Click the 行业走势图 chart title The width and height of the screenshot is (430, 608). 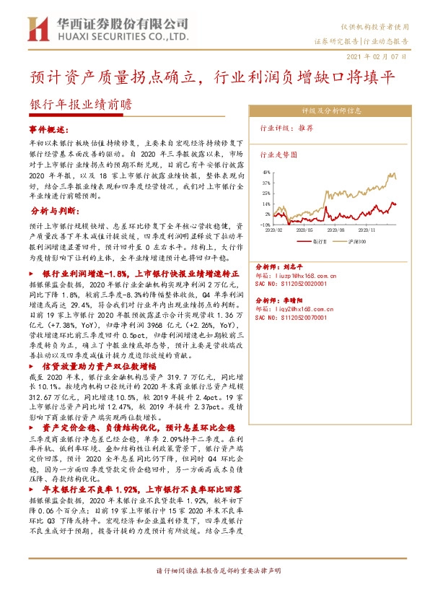click(x=278, y=154)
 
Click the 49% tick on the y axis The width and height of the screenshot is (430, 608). click(x=266, y=173)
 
